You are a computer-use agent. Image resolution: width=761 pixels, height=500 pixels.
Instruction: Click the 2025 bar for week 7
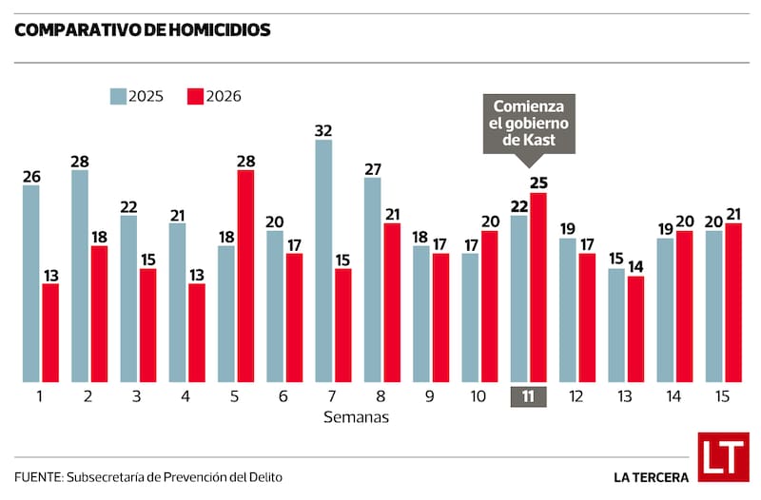[x=323, y=261]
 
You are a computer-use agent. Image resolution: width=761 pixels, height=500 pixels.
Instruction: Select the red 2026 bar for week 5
[x=245, y=276]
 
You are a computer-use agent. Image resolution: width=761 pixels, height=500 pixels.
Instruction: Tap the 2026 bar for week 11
[x=538, y=287]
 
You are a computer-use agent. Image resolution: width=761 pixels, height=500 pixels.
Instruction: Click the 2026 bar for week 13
[x=635, y=329]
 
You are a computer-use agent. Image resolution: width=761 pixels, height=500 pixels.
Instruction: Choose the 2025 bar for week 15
[x=713, y=306]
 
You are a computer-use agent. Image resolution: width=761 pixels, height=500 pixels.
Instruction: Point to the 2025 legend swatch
[x=119, y=96]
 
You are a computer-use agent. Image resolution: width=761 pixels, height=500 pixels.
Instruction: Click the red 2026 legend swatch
[x=195, y=96]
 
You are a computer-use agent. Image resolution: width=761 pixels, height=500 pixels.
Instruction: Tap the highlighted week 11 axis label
[x=528, y=396]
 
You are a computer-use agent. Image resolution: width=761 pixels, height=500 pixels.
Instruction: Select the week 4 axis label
[x=186, y=396]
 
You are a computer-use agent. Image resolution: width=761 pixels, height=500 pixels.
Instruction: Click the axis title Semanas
[x=356, y=416]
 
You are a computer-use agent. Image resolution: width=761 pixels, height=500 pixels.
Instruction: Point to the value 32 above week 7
[x=323, y=130]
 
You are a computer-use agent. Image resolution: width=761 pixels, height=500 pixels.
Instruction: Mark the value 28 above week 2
[x=80, y=161]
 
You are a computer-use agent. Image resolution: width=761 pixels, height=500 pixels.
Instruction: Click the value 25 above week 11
[x=539, y=183]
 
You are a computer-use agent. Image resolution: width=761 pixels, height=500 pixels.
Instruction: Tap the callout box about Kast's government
[x=529, y=123]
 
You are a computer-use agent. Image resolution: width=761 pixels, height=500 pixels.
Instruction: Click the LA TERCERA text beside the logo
[x=651, y=476]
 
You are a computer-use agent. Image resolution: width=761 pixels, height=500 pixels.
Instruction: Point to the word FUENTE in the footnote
[x=36, y=476]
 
